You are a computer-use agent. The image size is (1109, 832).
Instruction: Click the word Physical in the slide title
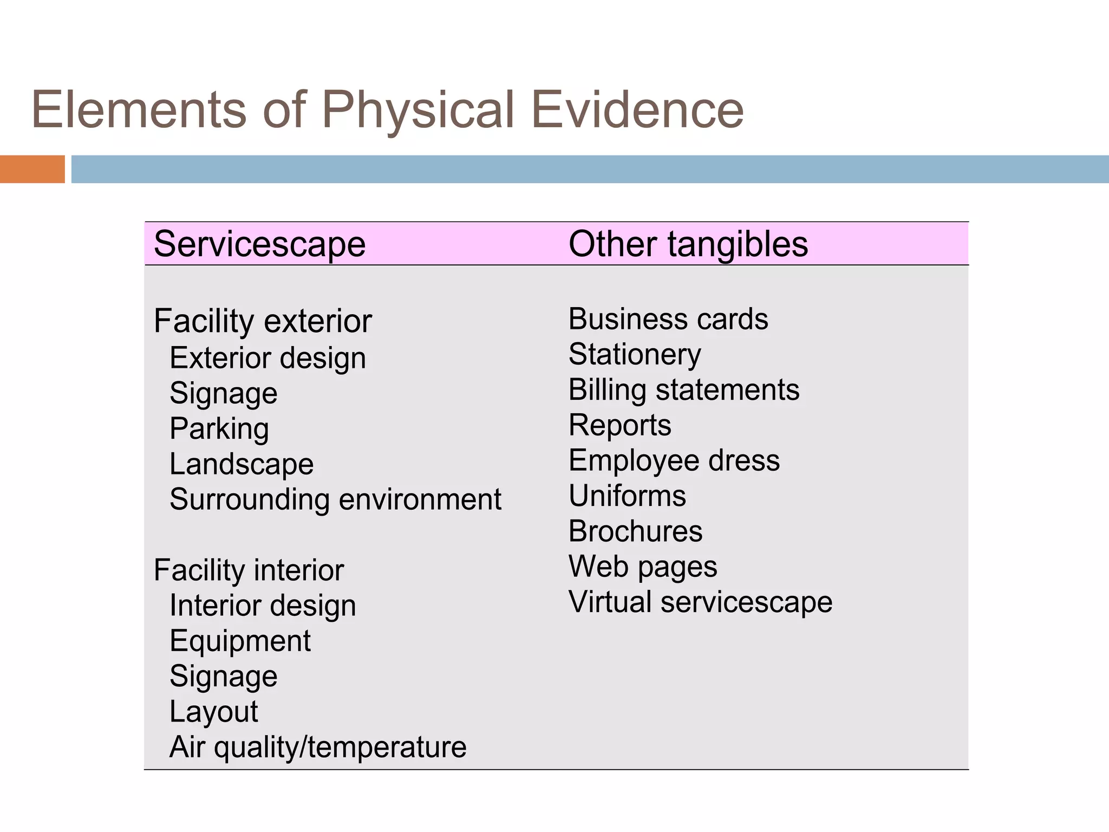pyautogui.click(x=417, y=110)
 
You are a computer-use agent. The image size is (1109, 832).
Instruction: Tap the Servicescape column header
pyautogui.click(x=259, y=244)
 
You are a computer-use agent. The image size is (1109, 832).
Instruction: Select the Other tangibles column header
pyautogui.click(x=688, y=244)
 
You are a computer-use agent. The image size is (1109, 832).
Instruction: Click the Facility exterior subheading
pyautogui.click(x=263, y=321)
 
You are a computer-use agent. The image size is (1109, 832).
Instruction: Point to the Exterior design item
pyautogui.click(x=268, y=359)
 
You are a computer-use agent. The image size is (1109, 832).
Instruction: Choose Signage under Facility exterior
pyautogui.click(x=223, y=394)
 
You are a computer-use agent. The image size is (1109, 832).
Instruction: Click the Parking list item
pyautogui.click(x=219, y=429)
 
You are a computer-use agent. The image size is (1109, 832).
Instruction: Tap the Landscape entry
pyautogui.click(x=242, y=464)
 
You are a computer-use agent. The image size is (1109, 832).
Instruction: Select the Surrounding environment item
pyautogui.click(x=335, y=499)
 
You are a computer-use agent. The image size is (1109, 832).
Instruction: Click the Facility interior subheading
pyautogui.click(x=249, y=570)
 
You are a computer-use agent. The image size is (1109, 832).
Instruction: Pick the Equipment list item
pyautogui.click(x=240, y=641)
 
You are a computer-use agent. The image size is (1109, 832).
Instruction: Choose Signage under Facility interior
pyautogui.click(x=223, y=677)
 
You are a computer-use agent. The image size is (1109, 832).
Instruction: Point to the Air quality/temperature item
pyautogui.click(x=318, y=747)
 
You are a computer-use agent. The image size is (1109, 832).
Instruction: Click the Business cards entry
pyautogui.click(x=668, y=319)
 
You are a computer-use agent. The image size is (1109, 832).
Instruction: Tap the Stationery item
pyautogui.click(x=635, y=355)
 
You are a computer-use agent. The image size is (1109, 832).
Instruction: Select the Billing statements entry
pyautogui.click(x=684, y=390)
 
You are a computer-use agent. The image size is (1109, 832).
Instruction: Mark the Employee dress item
pyautogui.click(x=674, y=461)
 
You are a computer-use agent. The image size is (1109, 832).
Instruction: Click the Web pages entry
pyautogui.click(x=643, y=567)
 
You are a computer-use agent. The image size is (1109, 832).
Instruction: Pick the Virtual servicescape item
pyautogui.click(x=700, y=602)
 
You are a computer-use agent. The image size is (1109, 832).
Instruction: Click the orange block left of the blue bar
pyautogui.click(x=32, y=169)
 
